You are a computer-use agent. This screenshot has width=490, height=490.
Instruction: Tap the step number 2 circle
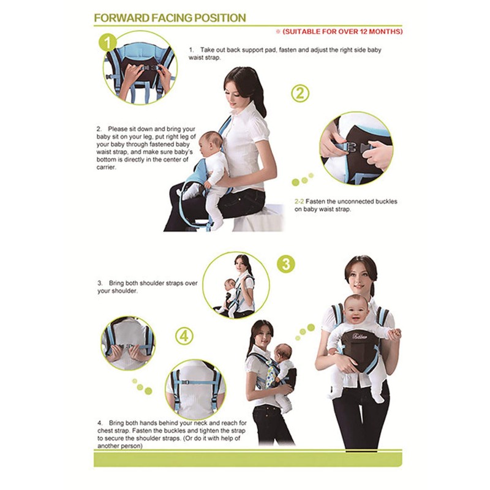pyautogui.click(x=300, y=93)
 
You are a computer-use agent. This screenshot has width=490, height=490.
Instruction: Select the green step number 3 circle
pyautogui.click(x=285, y=263)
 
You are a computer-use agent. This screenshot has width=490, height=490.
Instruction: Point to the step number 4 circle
pyautogui.click(x=185, y=336)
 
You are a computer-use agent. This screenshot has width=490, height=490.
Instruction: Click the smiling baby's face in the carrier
pyautogui.click(x=356, y=309)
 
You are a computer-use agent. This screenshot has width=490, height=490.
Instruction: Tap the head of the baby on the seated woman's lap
pyautogui.click(x=212, y=143)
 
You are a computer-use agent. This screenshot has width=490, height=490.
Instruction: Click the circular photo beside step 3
pyautogui.click(x=236, y=285)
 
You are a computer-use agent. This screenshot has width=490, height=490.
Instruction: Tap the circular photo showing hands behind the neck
pyautogui.click(x=128, y=343)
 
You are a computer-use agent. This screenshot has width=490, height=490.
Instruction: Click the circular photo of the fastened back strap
pyautogui.click(x=195, y=389)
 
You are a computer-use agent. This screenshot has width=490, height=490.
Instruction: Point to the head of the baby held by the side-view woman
pyautogui.click(x=282, y=353)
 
